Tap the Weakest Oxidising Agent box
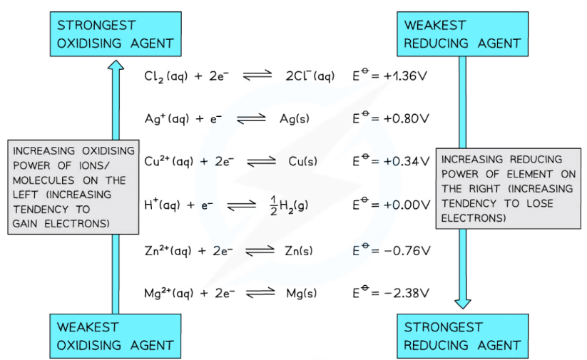(115, 336)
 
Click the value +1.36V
(406, 76)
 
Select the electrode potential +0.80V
(406, 118)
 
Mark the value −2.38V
(406, 293)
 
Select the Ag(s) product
(294, 119)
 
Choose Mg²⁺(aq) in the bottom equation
(169, 293)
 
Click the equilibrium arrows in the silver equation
(250, 119)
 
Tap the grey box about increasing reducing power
(507, 189)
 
